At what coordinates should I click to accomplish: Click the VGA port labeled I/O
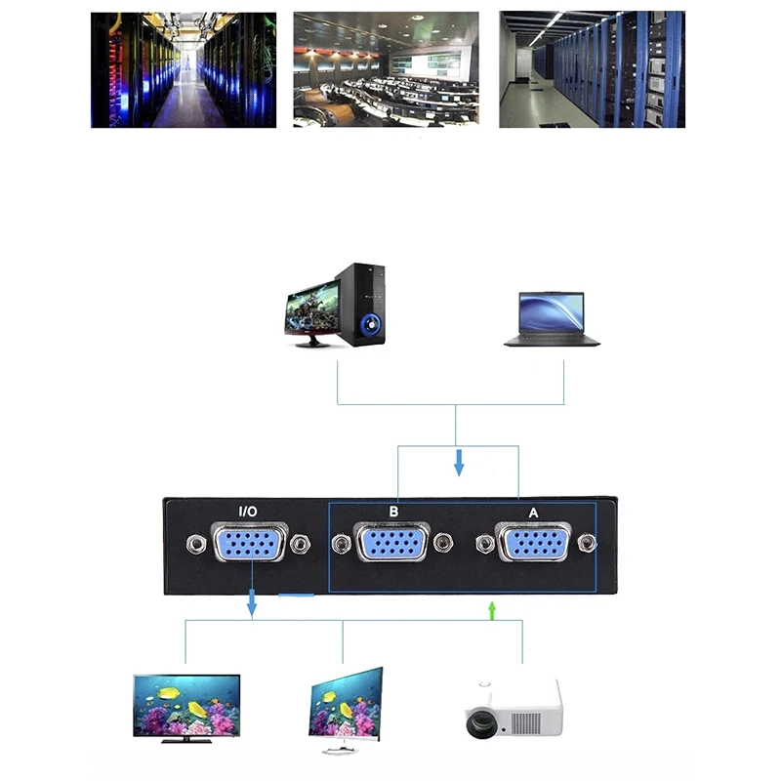pyautogui.click(x=250, y=543)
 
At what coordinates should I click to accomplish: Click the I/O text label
pyautogui.click(x=249, y=511)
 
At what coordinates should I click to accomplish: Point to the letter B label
pyautogui.click(x=392, y=511)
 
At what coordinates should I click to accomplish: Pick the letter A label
pyautogui.click(x=533, y=511)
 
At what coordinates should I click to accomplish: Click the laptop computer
pyautogui.click(x=552, y=318)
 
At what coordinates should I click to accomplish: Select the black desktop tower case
pyautogui.click(x=362, y=305)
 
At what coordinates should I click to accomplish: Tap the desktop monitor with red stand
pyautogui.click(x=311, y=312)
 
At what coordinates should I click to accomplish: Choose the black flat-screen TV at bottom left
pyautogui.click(x=186, y=706)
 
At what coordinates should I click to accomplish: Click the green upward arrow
pyautogui.click(x=492, y=610)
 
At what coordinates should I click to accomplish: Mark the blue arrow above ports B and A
pyautogui.click(x=458, y=462)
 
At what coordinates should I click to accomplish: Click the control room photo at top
pyautogui.click(x=387, y=69)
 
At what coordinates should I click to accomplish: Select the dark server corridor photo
pyautogui.click(x=184, y=69)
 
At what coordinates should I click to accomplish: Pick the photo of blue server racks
pyautogui.click(x=592, y=69)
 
